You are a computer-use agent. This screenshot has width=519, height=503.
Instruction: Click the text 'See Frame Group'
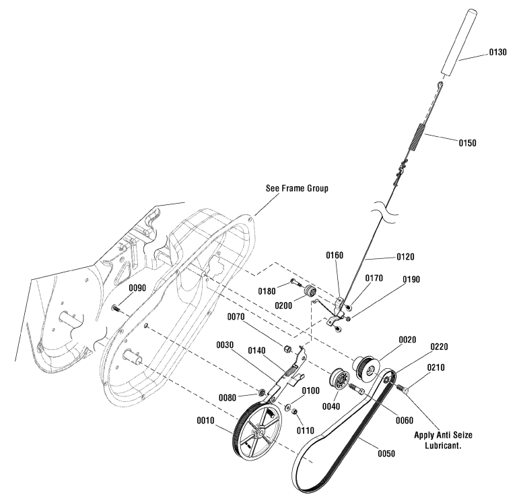click(296, 189)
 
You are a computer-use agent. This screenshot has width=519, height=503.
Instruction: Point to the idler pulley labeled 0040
click(335, 381)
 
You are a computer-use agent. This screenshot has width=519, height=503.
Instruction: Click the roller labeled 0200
click(311, 291)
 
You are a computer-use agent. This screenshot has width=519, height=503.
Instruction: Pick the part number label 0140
click(258, 350)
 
